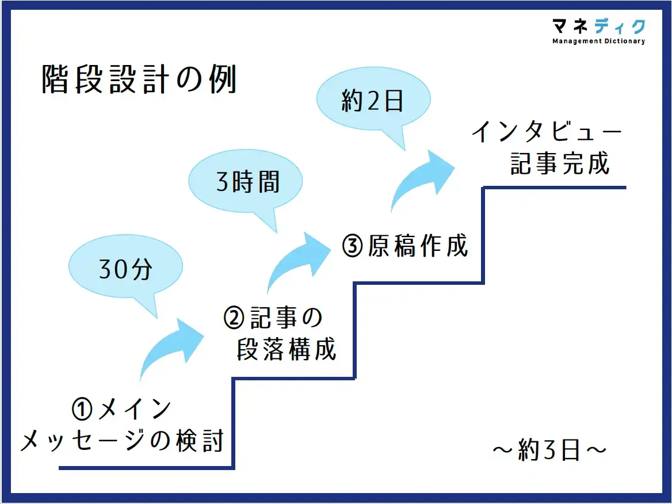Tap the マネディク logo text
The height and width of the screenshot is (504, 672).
(598, 26)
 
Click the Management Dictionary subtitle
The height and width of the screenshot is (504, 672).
(598, 41)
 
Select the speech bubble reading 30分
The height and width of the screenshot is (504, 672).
(125, 270)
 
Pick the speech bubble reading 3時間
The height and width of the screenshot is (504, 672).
(247, 183)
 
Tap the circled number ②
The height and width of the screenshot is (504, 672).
(234, 318)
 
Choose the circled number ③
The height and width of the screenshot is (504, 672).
(352, 246)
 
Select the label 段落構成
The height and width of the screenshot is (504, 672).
(286, 350)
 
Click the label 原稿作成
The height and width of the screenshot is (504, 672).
(419, 246)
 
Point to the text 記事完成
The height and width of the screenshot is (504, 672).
(560, 165)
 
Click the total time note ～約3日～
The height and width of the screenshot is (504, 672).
(549, 450)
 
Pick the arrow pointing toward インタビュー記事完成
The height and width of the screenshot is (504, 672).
(423, 175)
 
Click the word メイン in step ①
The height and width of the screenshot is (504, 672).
(135, 410)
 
